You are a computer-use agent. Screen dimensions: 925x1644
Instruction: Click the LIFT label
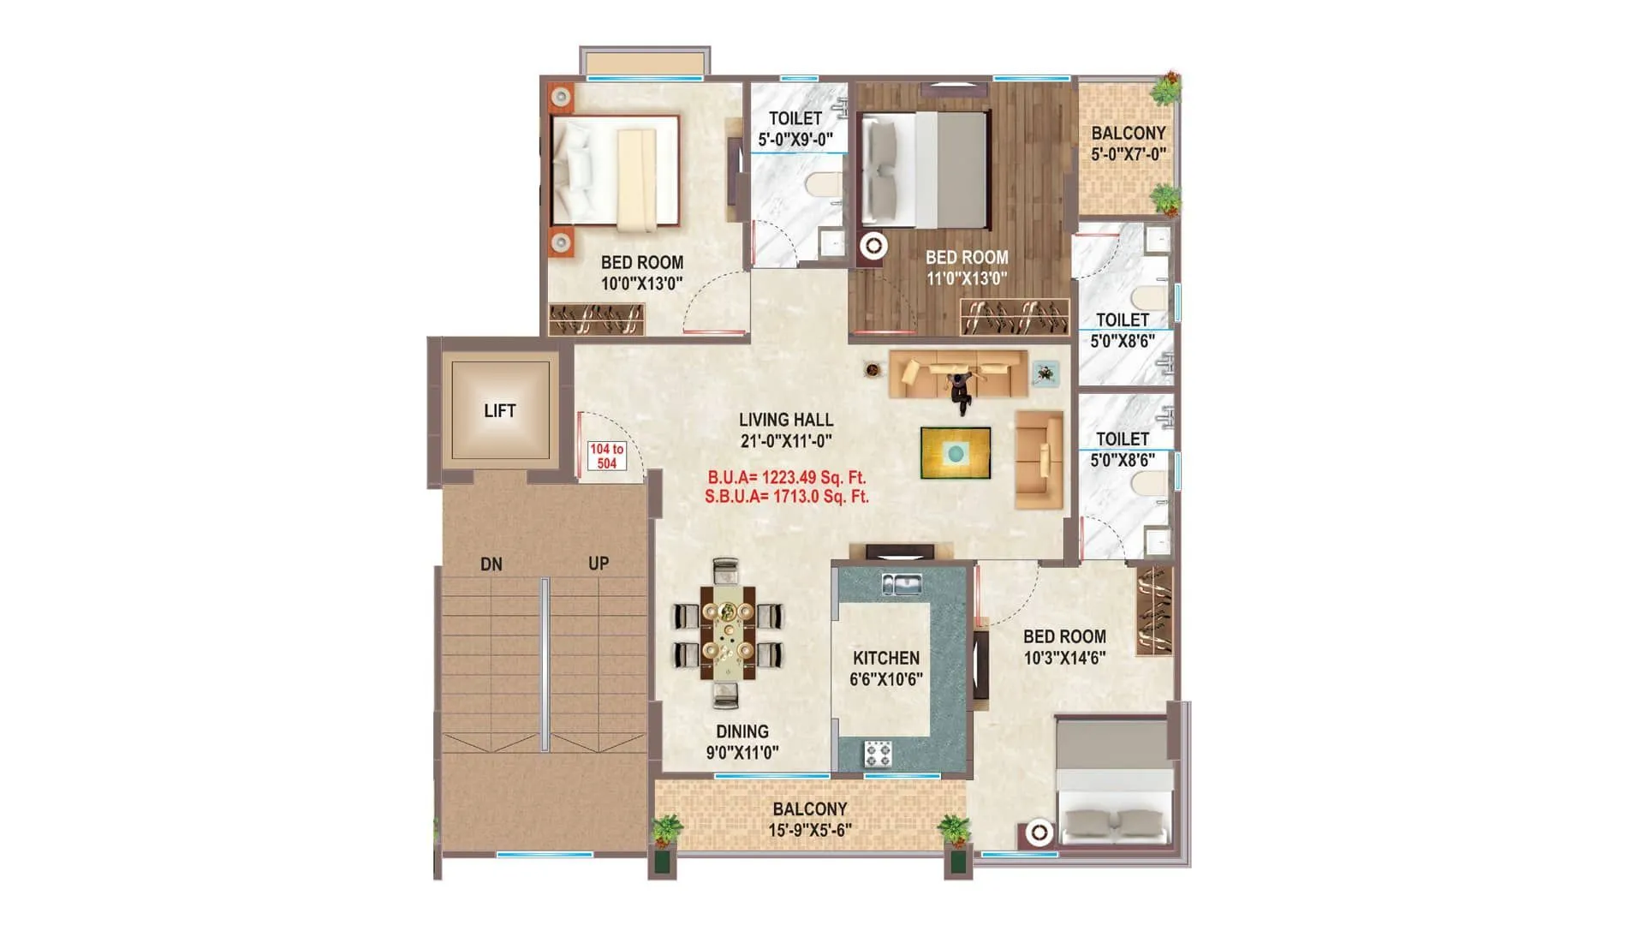(499, 411)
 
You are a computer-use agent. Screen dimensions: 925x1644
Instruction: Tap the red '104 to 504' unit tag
(606, 456)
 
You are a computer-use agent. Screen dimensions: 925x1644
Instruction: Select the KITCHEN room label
(886, 658)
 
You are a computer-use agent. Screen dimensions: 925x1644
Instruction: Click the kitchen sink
(902, 585)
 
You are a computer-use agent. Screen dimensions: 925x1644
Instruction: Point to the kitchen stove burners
(878, 754)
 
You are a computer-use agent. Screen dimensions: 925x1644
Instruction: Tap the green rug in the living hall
(956, 452)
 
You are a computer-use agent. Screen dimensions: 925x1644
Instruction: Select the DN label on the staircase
(491, 564)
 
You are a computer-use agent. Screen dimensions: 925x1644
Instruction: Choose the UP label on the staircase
(599, 564)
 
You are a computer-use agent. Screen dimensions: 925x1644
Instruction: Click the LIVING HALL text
(786, 420)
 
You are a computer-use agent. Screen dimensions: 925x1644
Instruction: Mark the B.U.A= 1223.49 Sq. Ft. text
(786, 477)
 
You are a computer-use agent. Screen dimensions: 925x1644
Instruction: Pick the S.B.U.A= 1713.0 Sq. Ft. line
(786, 497)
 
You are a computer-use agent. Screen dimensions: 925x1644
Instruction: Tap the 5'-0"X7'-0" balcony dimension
(1128, 155)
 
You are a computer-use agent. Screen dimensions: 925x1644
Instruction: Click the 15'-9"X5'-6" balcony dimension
(809, 830)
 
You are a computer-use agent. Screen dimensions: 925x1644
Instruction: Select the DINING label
(742, 731)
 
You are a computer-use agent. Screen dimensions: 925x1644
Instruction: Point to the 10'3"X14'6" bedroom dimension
(1064, 658)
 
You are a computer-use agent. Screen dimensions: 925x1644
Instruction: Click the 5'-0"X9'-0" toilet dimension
(795, 140)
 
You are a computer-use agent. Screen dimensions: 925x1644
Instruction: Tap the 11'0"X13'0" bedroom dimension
(967, 278)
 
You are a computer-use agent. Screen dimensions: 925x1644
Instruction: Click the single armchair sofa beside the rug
(1039, 460)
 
